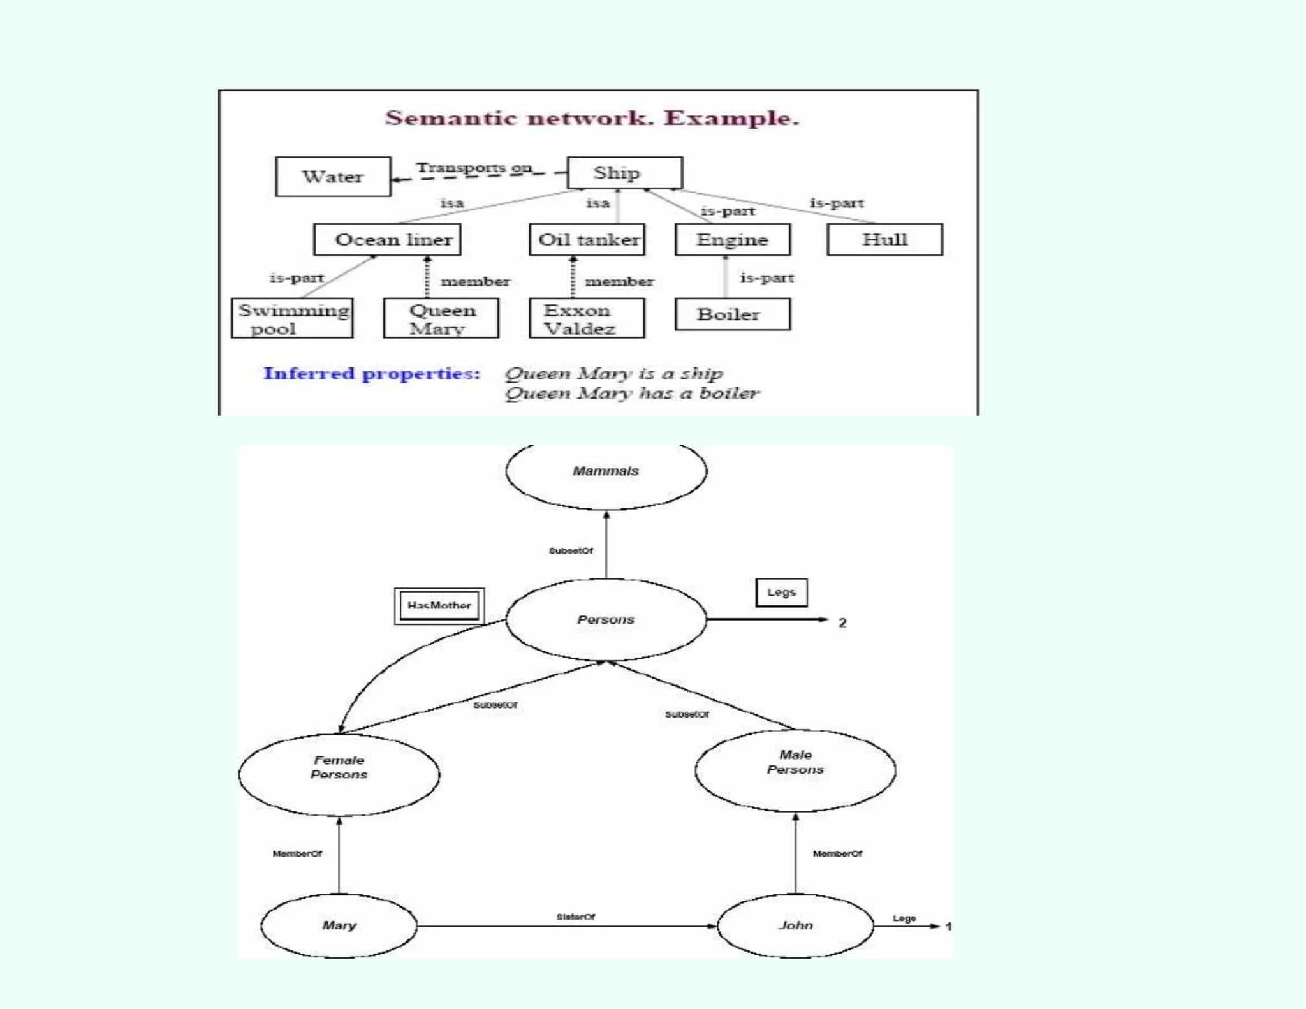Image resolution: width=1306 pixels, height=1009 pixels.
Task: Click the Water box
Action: point(333,177)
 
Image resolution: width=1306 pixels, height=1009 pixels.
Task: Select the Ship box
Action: point(624,173)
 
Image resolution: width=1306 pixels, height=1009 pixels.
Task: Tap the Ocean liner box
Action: point(387,240)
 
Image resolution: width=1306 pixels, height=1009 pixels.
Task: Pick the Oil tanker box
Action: point(587,240)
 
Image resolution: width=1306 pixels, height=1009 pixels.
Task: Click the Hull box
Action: point(884,240)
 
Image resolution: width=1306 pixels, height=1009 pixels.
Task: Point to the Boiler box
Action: point(732,314)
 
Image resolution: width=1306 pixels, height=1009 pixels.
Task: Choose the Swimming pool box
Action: point(292,318)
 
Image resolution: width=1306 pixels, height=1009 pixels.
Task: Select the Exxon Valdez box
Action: point(587,318)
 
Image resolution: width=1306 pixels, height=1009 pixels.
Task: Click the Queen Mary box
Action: point(441,318)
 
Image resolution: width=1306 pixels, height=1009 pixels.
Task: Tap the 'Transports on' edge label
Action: point(474,167)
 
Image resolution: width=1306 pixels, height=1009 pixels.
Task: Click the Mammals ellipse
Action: point(606,471)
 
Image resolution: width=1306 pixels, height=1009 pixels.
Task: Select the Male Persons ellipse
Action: point(795,770)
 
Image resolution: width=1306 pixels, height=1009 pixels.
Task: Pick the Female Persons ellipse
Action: point(339,774)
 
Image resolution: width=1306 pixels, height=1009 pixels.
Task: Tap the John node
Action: point(795,925)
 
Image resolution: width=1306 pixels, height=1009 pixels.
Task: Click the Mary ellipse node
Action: point(339,925)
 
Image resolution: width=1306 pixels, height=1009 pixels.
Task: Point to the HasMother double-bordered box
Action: point(439,606)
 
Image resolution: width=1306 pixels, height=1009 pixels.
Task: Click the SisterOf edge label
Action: point(575,917)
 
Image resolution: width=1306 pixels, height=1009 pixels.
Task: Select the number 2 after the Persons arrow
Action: point(842,622)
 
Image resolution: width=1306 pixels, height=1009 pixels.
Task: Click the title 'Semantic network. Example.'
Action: point(592,118)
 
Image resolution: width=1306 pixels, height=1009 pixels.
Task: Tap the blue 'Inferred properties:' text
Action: point(372,373)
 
